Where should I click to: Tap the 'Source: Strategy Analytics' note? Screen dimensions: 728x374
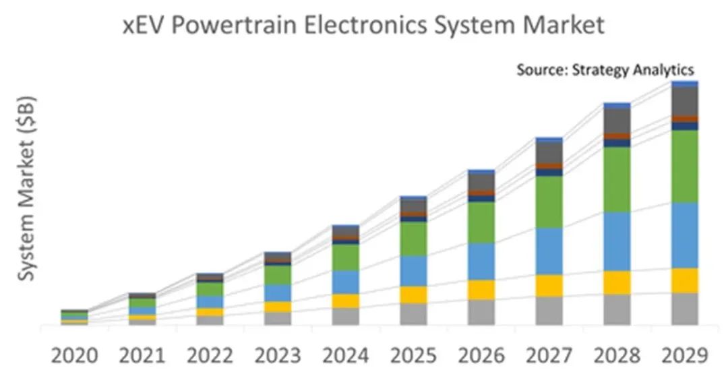[605, 69]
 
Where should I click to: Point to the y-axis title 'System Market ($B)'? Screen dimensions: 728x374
[27, 188]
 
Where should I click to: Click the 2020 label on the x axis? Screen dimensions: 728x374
[74, 356]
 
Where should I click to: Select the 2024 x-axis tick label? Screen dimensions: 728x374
[346, 356]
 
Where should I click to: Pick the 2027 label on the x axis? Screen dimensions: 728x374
[549, 356]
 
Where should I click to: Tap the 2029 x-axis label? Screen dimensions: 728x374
[685, 356]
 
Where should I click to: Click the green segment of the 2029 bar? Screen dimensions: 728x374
[685, 166]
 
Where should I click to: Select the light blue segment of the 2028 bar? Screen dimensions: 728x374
[617, 241]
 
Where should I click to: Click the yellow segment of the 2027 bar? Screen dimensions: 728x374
[549, 285]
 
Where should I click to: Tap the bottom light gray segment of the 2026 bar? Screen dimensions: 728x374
[481, 312]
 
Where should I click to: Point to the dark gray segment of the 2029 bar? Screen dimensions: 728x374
[685, 101]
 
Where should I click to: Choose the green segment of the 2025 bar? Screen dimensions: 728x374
[414, 239]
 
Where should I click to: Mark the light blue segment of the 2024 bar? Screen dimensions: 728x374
[346, 282]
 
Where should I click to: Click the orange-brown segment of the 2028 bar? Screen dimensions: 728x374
[617, 136]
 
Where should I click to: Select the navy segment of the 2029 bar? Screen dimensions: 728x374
[685, 126]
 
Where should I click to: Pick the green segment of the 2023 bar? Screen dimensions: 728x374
[278, 275]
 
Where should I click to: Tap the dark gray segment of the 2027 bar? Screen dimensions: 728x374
[549, 152]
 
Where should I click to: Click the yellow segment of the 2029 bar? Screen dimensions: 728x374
[685, 280]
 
